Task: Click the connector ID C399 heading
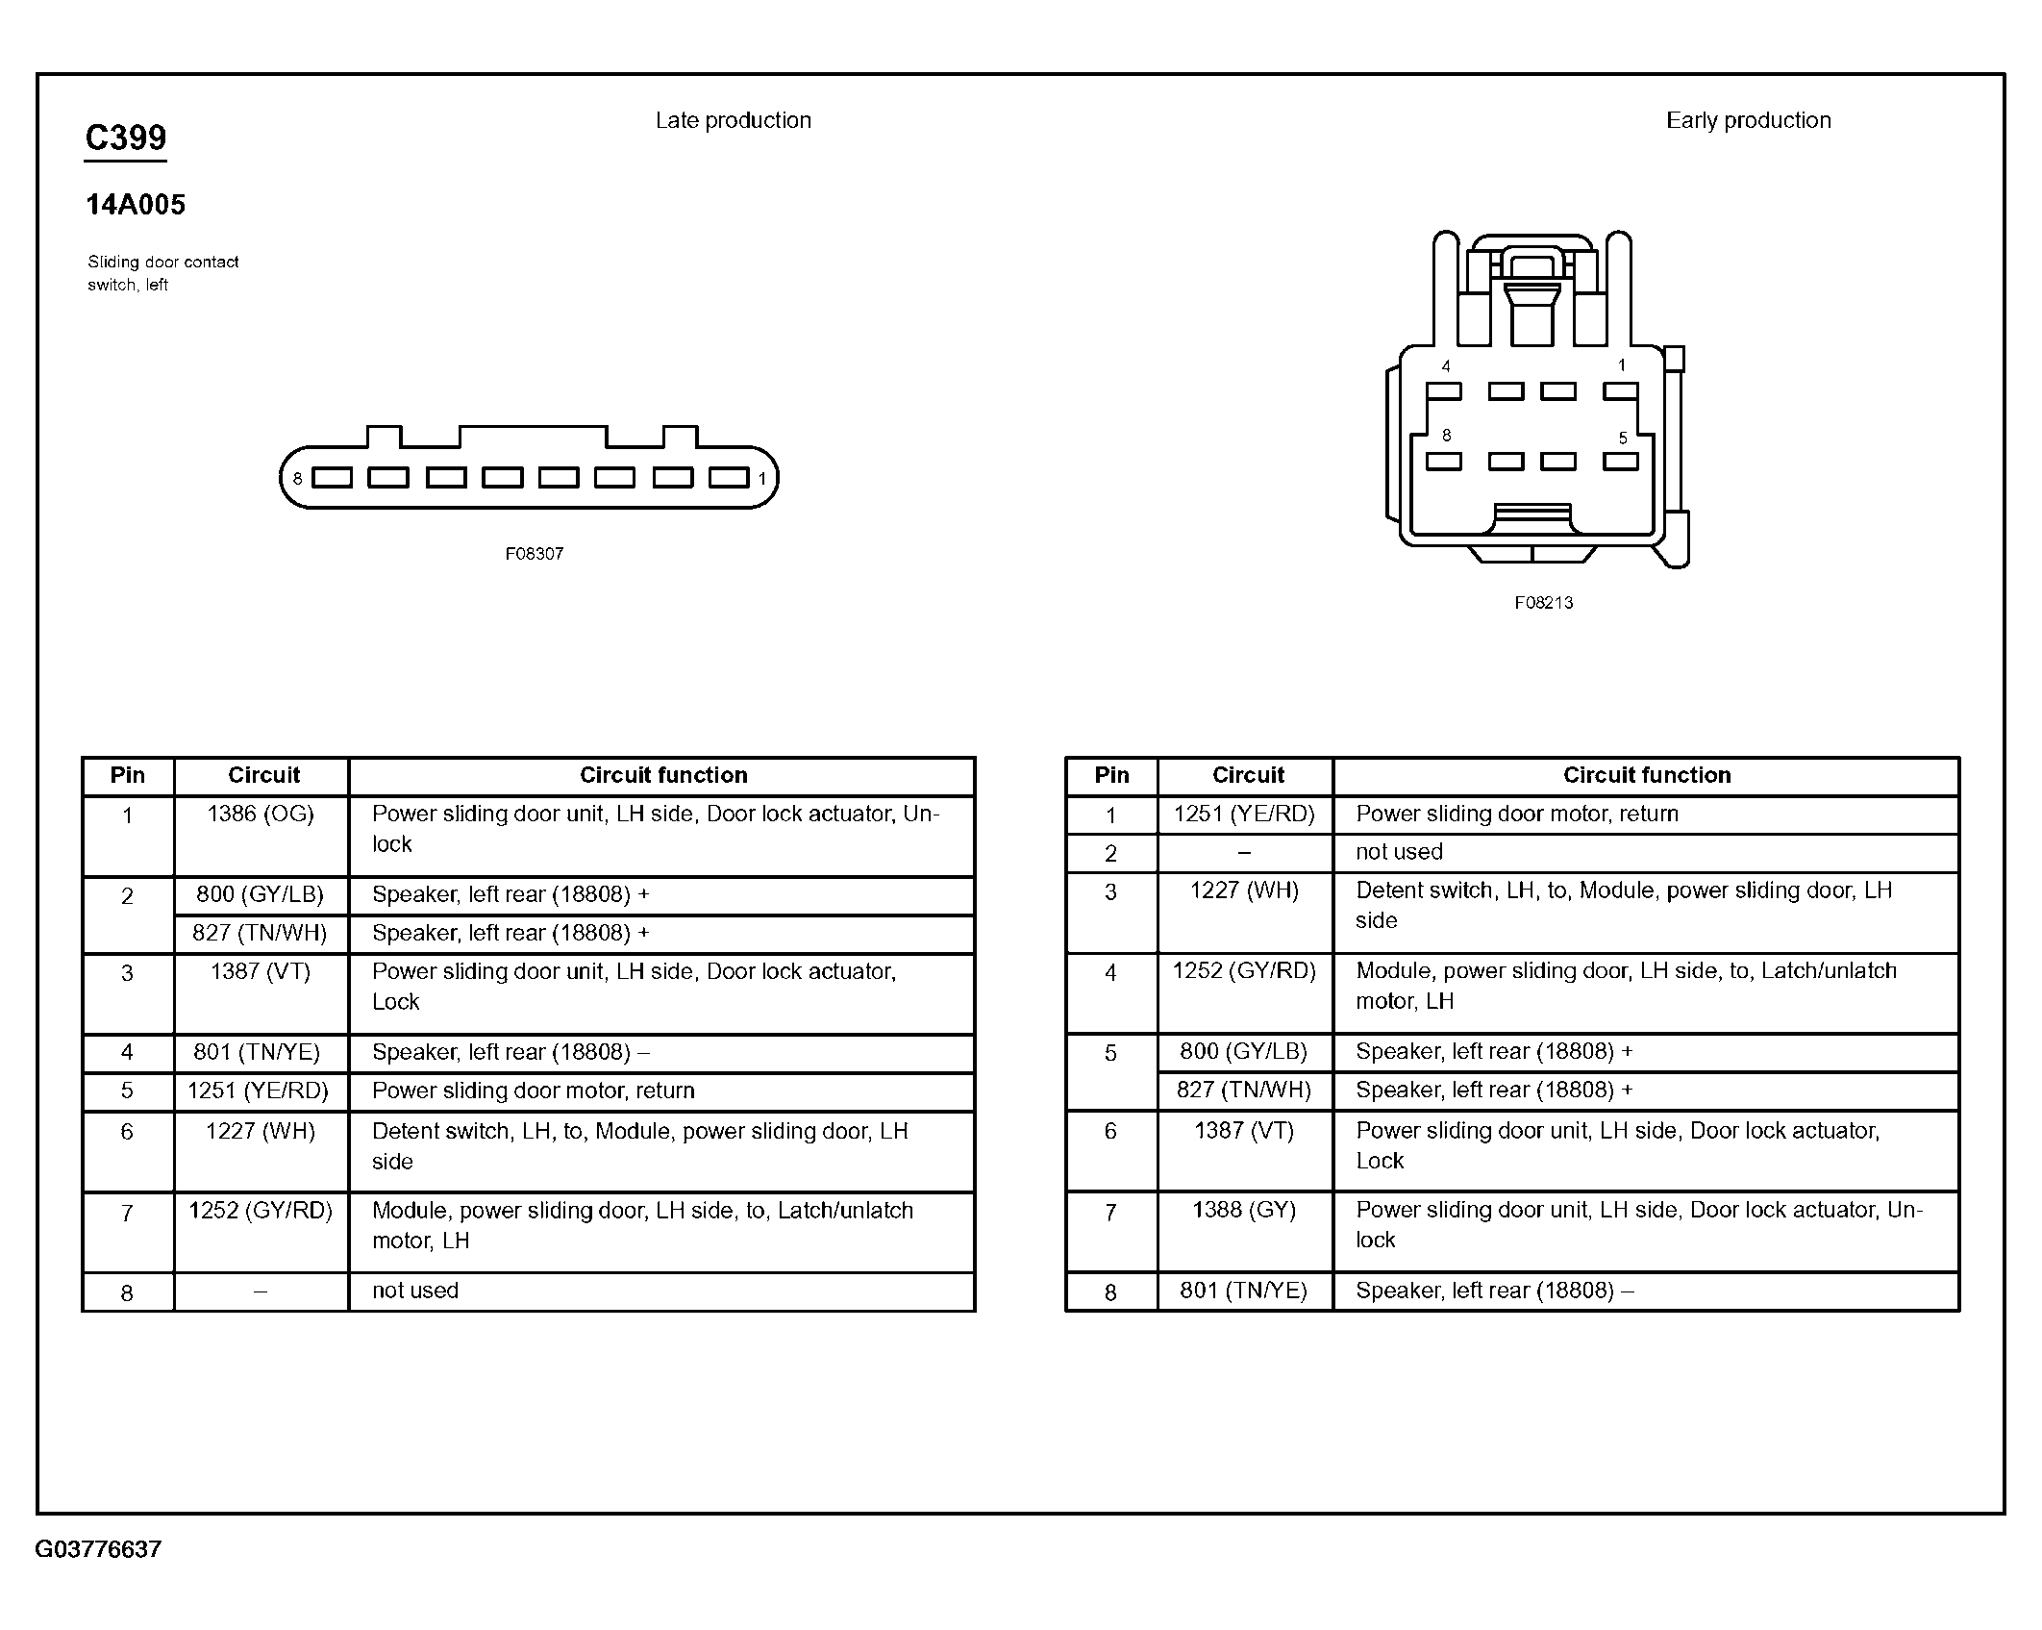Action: tap(126, 138)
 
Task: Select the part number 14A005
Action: tap(136, 205)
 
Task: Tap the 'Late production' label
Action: tap(733, 120)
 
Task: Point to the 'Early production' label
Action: tap(1748, 120)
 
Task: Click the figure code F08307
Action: tap(535, 554)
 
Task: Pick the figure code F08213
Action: tap(1543, 603)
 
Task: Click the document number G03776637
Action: tap(98, 1548)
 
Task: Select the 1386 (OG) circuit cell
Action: tap(261, 815)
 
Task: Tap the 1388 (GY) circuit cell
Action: tap(1244, 1210)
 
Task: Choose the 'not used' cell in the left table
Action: tap(415, 1291)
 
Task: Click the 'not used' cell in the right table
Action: tap(1399, 852)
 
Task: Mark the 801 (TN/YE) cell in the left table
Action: tap(257, 1052)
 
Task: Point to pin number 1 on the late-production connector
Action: tap(761, 478)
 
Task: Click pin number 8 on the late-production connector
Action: tap(298, 478)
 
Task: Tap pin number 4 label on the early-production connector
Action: tap(1445, 366)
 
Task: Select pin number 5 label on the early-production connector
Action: tap(1623, 439)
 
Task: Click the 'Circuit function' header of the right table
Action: tap(1646, 775)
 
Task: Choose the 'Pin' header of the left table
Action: tap(128, 775)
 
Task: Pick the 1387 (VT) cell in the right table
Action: tap(1244, 1131)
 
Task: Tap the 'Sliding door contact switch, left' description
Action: tap(162, 273)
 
